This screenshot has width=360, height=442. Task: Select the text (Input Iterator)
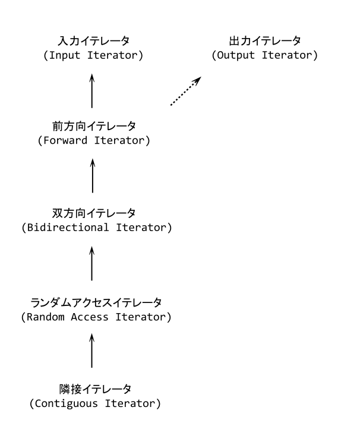92,55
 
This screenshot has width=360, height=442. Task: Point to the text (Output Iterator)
265,55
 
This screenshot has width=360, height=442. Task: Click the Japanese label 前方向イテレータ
92,127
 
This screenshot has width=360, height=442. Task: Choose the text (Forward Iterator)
92,141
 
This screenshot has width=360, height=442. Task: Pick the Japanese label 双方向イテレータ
92,213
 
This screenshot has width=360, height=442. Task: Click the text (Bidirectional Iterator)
92,227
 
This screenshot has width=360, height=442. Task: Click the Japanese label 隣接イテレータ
92,389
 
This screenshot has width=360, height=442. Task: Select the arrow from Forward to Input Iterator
92,90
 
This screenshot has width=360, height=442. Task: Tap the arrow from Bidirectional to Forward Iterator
92,176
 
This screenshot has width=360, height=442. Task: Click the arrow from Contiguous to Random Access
92,351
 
